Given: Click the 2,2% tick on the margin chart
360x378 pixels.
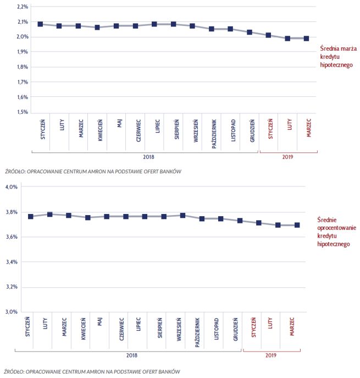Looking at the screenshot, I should [x=23, y=7].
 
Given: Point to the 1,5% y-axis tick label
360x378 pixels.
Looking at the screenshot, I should [x=23, y=112].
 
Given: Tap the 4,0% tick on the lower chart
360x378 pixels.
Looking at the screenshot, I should [x=12, y=187].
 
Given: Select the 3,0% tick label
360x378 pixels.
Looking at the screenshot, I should [x=12, y=312].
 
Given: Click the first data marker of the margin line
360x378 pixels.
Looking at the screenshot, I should [x=41, y=24].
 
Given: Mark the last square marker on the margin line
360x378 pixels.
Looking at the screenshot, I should [x=306, y=39].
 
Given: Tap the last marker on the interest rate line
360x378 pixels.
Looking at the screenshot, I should [x=297, y=225].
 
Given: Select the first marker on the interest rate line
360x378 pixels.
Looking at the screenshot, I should [x=31, y=217].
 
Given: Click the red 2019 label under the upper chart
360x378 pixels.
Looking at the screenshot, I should [x=288, y=157].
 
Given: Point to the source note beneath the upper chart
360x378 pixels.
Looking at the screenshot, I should [x=92, y=172].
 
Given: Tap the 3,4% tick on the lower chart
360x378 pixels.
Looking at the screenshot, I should [x=12, y=262].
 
